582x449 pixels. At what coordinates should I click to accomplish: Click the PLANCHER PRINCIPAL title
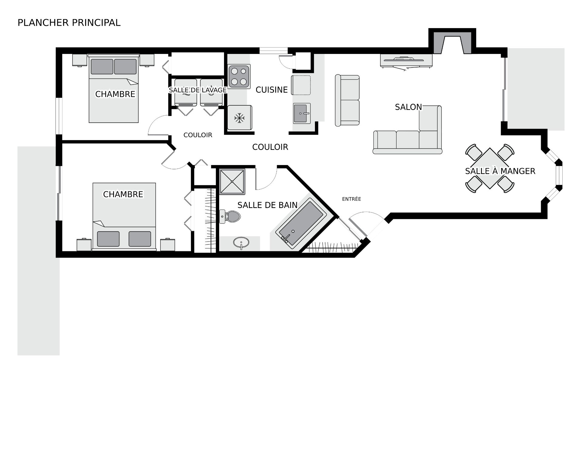[x=69, y=23]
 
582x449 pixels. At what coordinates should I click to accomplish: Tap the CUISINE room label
[x=272, y=90]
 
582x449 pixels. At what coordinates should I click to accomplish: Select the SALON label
[x=408, y=107]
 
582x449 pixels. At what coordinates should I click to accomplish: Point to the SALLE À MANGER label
[x=500, y=171]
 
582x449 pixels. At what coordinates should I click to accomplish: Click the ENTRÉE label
[x=352, y=199]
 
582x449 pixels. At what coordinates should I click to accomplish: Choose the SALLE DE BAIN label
[x=267, y=205]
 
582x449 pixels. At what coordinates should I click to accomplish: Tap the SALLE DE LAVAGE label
[x=198, y=90]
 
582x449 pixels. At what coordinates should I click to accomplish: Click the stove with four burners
[x=239, y=77]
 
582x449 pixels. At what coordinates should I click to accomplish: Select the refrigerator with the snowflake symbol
[x=240, y=117]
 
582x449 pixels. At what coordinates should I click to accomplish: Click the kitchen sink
[x=302, y=113]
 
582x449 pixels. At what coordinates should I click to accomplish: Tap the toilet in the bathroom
[x=230, y=216]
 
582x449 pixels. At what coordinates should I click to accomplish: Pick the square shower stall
[x=232, y=181]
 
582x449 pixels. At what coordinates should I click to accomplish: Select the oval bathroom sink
[x=241, y=243]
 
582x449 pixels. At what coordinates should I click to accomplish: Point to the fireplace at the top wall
[x=452, y=41]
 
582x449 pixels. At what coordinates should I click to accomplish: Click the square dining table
[x=490, y=168]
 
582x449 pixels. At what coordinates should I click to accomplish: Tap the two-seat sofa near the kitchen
[x=347, y=100]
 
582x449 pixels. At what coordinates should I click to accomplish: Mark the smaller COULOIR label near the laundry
[x=198, y=135]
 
